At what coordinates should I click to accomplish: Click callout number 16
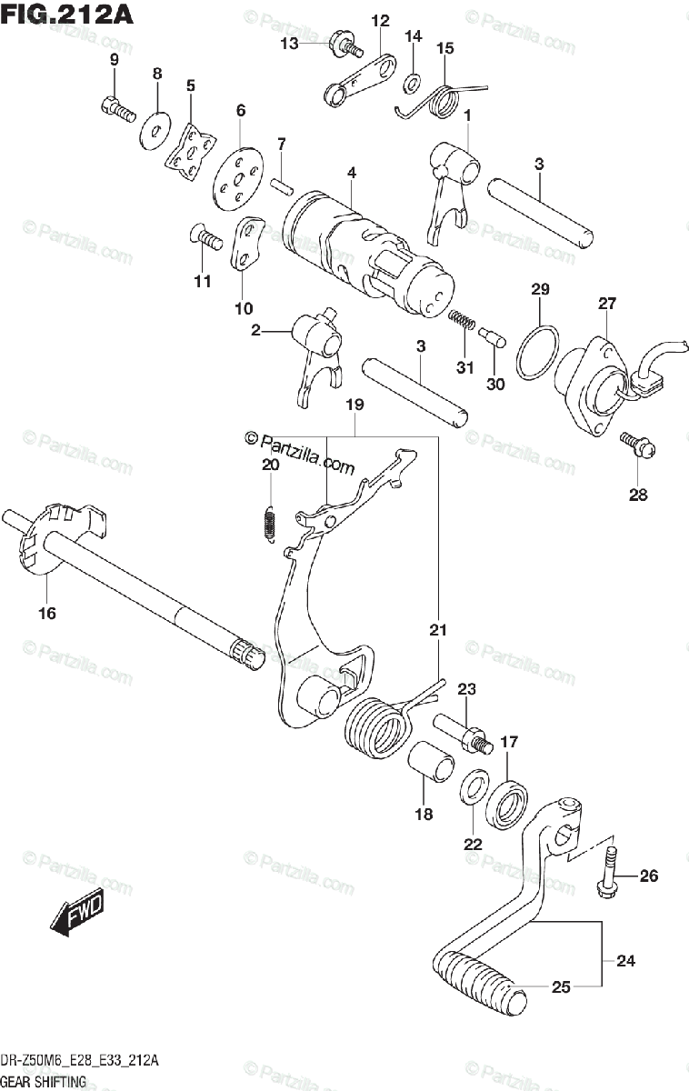click(x=46, y=613)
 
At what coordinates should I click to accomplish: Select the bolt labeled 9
click(x=116, y=108)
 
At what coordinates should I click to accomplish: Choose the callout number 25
click(x=561, y=986)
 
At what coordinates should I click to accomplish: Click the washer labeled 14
click(x=412, y=84)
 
